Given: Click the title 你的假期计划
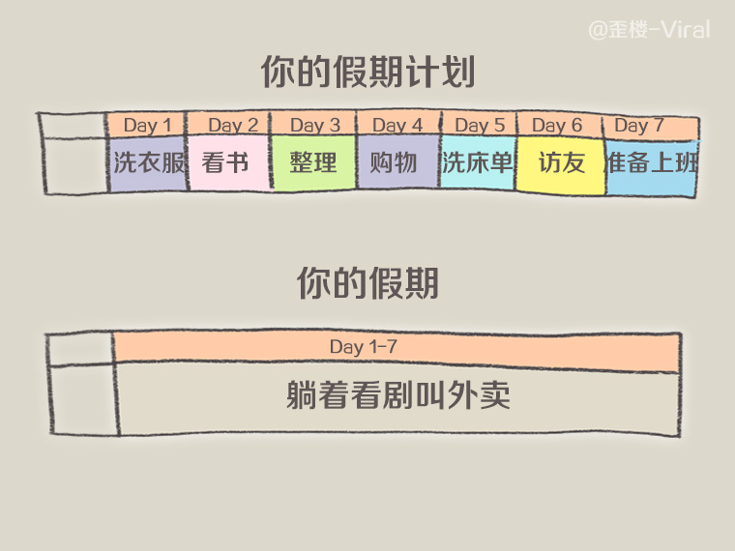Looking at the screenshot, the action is click(367, 72).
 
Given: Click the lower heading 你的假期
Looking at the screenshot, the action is click(367, 283).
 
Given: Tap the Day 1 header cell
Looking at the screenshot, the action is click(147, 126).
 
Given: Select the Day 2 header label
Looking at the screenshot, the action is click(232, 126).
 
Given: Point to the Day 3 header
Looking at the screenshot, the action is click(314, 126).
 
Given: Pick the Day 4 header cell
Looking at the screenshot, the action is click(397, 126).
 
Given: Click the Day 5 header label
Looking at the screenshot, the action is click(479, 126).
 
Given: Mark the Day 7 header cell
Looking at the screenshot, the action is click(639, 126).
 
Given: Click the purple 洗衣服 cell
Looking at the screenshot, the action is click(148, 163).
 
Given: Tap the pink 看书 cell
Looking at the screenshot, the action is click(228, 163).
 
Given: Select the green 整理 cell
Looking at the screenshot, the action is click(313, 163).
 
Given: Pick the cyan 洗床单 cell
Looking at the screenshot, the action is click(477, 163).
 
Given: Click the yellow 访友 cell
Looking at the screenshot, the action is click(561, 163).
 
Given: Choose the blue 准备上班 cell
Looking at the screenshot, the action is click(651, 163).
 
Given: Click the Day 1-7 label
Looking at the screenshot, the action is click(363, 347).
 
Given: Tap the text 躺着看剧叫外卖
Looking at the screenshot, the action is click(397, 395).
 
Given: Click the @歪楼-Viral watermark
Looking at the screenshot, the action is click(649, 30).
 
